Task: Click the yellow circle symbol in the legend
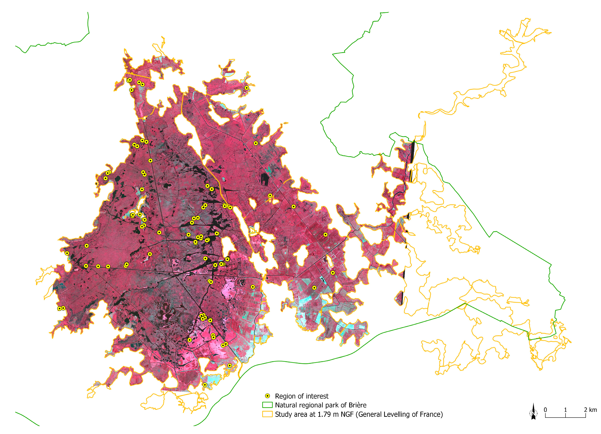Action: pos(268,396)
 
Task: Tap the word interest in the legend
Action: pos(317,396)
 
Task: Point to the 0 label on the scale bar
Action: pos(545,410)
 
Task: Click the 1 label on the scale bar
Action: pos(565,410)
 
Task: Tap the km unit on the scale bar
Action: pos(593,410)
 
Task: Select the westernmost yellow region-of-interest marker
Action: pos(60,308)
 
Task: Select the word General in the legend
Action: pos(370,414)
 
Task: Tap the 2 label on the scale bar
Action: pos(585,410)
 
